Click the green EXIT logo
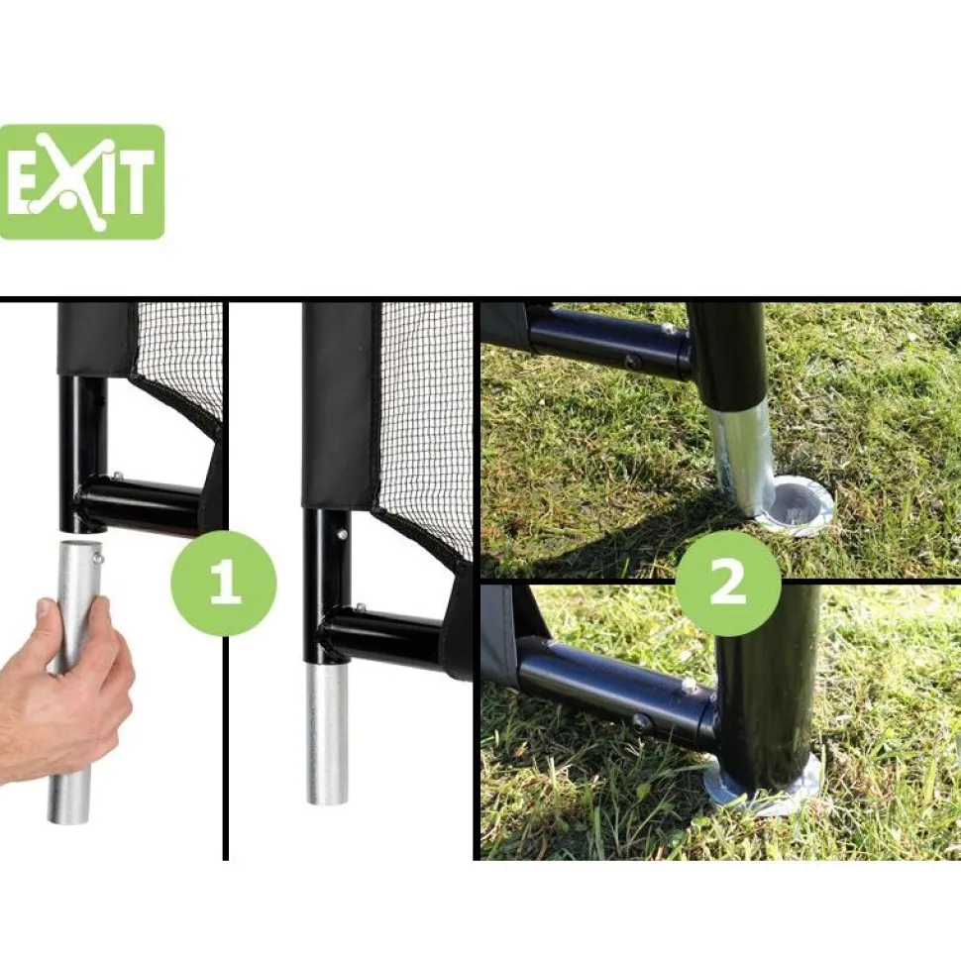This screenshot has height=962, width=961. (82, 182)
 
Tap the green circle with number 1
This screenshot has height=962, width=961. (224, 583)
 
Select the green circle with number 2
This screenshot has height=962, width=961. (728, 583)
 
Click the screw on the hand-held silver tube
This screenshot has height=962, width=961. (97, 557)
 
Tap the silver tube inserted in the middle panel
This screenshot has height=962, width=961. (327, 733)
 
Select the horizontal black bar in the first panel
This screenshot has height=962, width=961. (141, 504)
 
